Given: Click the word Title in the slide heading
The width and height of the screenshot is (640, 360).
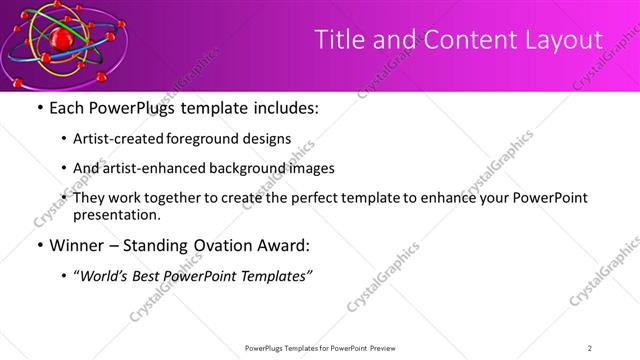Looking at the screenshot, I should [338, 40].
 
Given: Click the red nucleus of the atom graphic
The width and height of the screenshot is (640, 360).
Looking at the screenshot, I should [63, 40].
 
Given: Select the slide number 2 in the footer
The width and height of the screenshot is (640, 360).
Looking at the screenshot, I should [590, 347].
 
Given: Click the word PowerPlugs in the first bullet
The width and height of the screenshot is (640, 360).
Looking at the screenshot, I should [128, 108].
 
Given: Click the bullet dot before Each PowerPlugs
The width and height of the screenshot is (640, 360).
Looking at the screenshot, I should [39, 108].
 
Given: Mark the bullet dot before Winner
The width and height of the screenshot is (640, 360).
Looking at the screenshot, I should [39, 244].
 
